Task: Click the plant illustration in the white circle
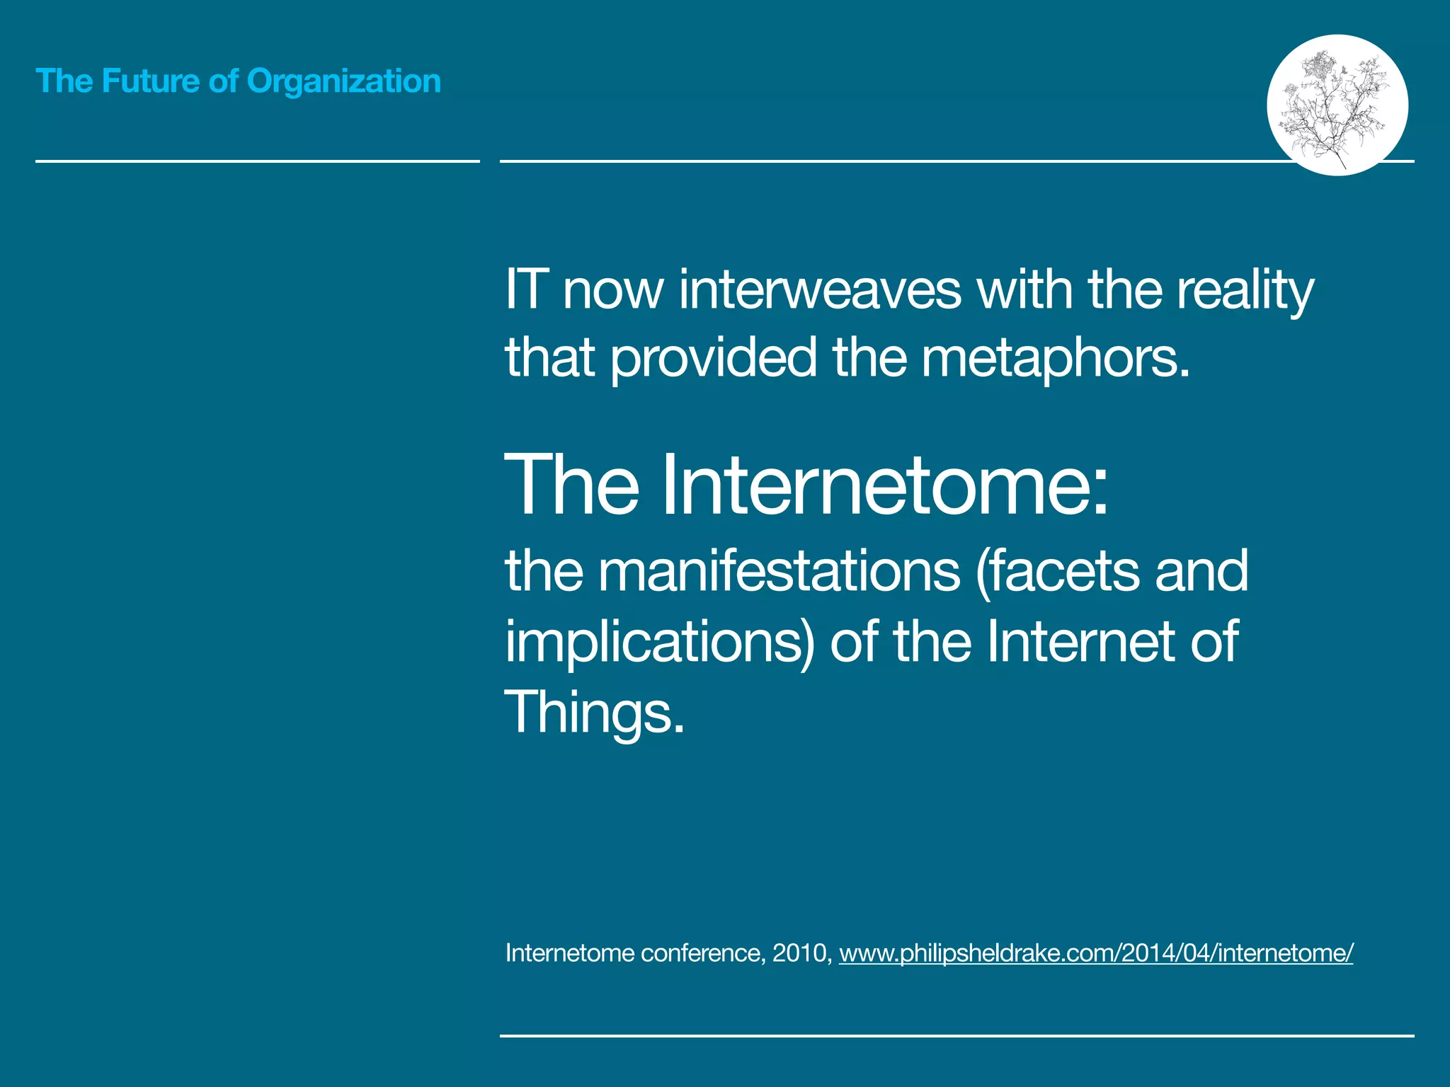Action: coord(1337,105)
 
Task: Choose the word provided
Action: coord(714,357)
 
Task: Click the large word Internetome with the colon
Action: coord(885,486)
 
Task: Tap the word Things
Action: coord(593,713)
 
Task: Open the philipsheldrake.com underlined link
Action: coord(1096,953)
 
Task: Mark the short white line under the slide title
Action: coord(258,161)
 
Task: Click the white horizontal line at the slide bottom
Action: coord(956,1036)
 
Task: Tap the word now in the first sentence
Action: coord(613,291)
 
